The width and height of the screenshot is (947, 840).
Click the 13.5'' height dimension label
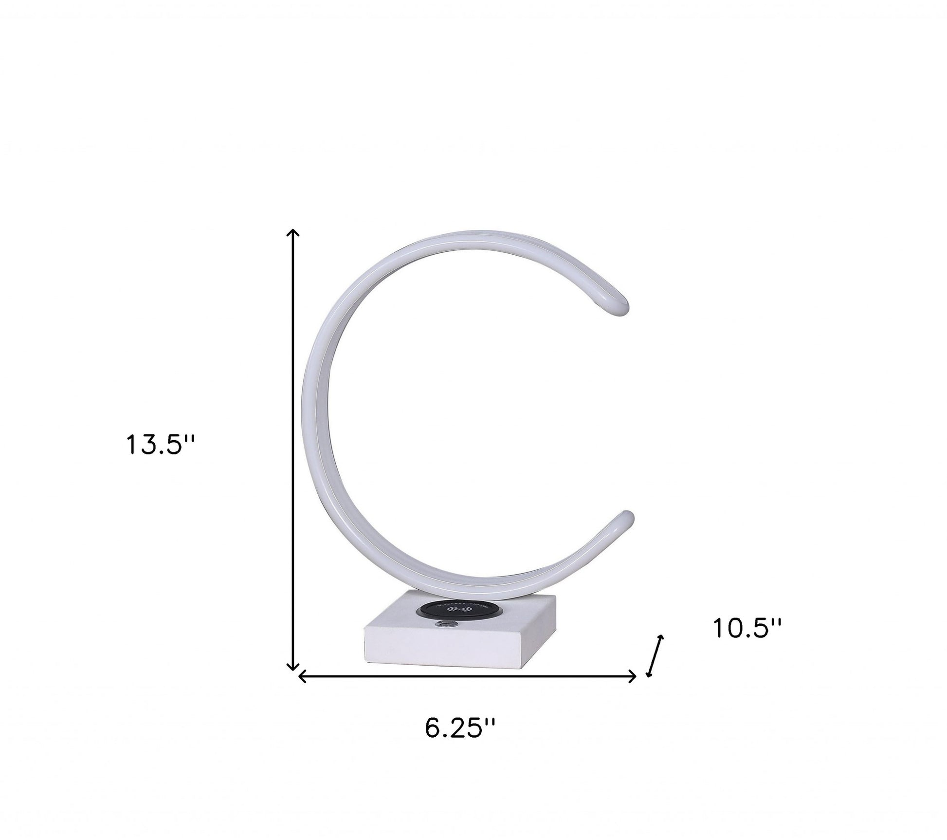[x=160, y=445]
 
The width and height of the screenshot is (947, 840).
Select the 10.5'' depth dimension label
[x=747, y=628]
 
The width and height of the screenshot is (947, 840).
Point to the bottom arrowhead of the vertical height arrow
[x=292, y=669]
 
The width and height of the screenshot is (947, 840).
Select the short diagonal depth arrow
[x=654, y=656]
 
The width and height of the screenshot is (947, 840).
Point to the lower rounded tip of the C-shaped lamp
[x=624, y=518]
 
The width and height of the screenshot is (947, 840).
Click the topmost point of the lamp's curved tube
[x=467, y=230]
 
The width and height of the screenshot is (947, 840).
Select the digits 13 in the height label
[x=139, y=445]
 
